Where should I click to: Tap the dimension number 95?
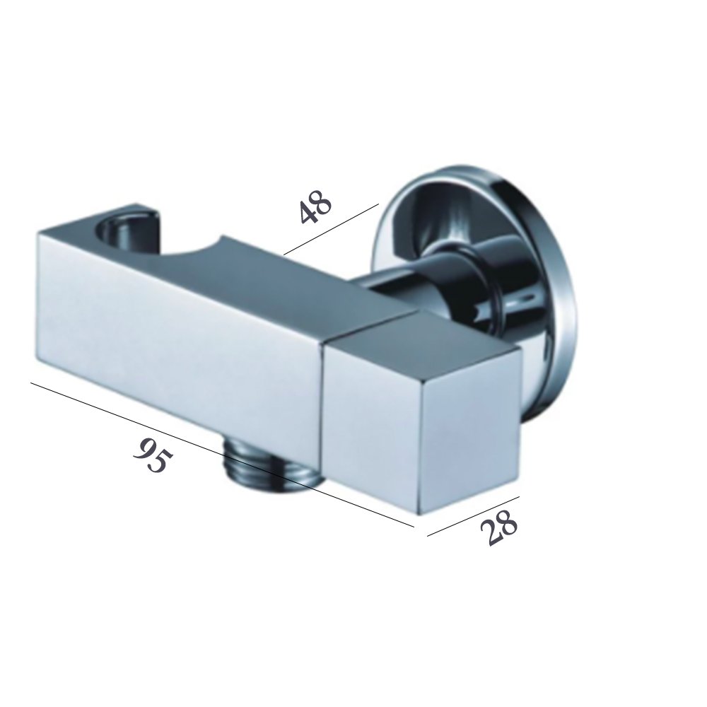pos(152,456)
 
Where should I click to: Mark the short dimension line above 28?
pos(474,515)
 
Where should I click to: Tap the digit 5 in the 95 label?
pos(160,463)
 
